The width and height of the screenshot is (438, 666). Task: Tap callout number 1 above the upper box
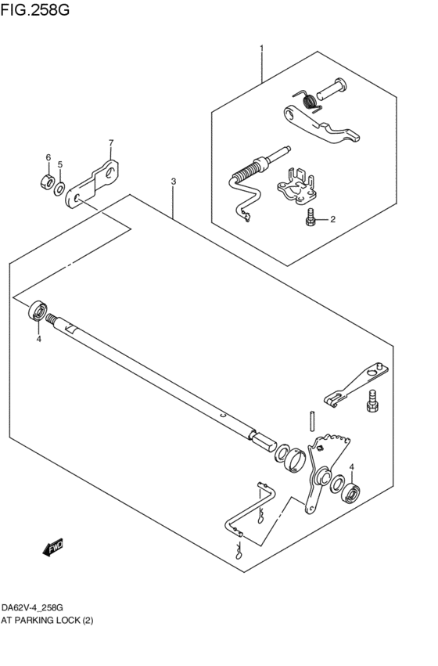[261, 49]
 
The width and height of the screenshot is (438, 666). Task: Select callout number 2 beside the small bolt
[332, 220]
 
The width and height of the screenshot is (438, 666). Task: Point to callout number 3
[173, 181]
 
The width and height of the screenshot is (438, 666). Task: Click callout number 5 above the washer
[59, 165]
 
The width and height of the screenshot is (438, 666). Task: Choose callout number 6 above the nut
[47, 158]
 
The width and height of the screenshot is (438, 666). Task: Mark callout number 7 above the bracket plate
[110, 142]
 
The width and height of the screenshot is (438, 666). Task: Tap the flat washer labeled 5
[59, 188]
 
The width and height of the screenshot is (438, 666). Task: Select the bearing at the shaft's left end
[38, 311]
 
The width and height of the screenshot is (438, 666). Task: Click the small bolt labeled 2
[311, 220]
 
